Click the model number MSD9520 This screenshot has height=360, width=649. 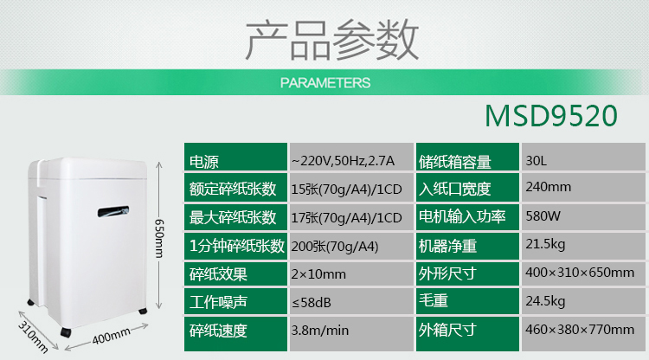(551, 115)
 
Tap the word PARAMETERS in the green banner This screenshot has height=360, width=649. (325, 83)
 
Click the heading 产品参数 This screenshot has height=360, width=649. (332, 40)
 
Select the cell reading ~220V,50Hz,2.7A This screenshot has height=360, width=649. (344, 161)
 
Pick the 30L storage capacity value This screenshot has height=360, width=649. (536, 161)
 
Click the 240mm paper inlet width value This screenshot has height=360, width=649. (549, 187)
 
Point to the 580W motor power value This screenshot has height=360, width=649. (543, 215)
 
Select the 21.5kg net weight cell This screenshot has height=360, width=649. (545, 245)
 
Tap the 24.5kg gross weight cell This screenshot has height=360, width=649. (545, 301)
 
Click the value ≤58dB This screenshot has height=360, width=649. (312, 303)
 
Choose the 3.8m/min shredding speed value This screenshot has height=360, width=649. (320, 331)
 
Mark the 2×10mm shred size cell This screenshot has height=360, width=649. (318, 274)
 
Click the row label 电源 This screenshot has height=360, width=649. (203, 162)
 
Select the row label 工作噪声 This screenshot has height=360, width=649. (218, 302)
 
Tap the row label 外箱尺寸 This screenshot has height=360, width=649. (447, 330)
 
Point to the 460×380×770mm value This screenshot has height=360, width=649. (580, 330)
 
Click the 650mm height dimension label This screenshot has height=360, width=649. (159, 238)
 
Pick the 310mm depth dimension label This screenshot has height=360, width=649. (33, 337)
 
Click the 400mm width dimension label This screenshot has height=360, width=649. (111, 336)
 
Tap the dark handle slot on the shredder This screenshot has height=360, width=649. (113, 211)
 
